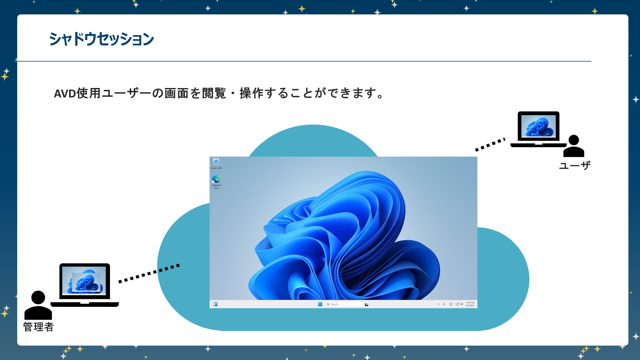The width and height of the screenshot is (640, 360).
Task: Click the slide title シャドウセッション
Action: pyautogui.click(x=101, y=39)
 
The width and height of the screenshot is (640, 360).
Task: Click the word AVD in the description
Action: pyautogui.click(x=65, y=94)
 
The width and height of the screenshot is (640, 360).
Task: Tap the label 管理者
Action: pyautogui.click(x=38, y=327)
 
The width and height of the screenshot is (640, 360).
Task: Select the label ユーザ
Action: pyautogui.click(x=574, y=166)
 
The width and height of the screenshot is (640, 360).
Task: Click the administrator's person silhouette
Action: pyautogui.click(x=38, y=306)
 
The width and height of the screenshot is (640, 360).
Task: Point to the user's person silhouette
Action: pyautogui.click(x=574, y=146)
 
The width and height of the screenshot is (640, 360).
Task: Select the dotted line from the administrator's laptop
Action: pyautogui.click(x=149, y=273)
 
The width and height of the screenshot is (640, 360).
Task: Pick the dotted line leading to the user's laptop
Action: pyautogui.click(x=490, y=145)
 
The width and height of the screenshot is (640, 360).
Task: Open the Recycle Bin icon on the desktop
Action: pyautogui.click(x=216, y=162)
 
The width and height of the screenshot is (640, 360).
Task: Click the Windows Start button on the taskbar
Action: pyautogui.click(x=320, y=304)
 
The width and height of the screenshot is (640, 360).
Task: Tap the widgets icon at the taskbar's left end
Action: pyautogui.click(x=215, y=304)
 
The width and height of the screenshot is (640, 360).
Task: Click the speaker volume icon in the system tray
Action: pyautogui.click(x=462, y=304)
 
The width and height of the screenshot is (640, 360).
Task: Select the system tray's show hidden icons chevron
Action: pyautogui.click(x=438, y=304)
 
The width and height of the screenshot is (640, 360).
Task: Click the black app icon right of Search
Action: pyautogui.click(x=366, y=305)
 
